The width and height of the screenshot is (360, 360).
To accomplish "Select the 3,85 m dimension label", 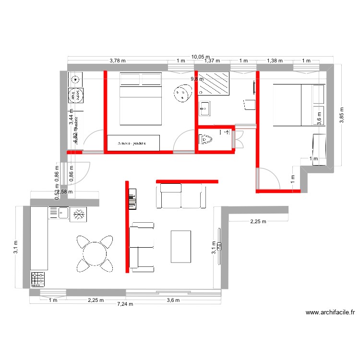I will (x=342, y=115).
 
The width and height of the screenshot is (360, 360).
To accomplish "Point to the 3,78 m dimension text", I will (x=118, y=61).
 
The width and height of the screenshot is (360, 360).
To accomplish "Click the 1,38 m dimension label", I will (x=275, y=61).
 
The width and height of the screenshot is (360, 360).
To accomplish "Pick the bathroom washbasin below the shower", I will (x=204, y=109).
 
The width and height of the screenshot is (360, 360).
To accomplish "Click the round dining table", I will (x=95, y=252).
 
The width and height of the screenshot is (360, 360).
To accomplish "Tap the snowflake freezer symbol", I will (x=77, y=215).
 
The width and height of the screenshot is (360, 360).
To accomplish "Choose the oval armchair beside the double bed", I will (x=182, y=93).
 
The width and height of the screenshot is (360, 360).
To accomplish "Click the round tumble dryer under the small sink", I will (x=74, y=96).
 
